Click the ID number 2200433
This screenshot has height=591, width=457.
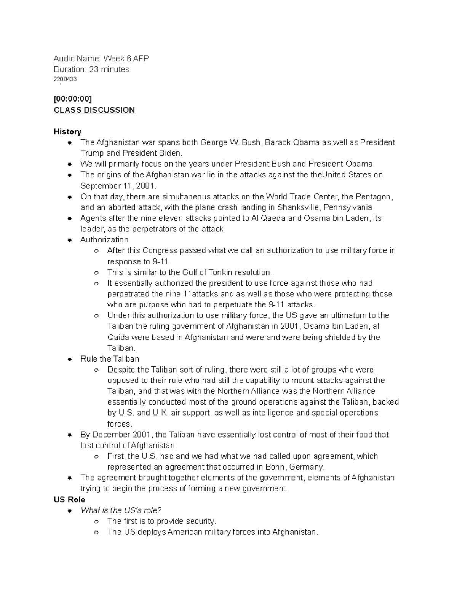click(x=65, y=79)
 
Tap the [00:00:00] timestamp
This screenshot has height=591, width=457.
click(x=73, y=99)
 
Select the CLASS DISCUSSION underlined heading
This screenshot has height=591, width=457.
click(x=94, y=110)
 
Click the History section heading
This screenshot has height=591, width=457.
click(x=67, y=132)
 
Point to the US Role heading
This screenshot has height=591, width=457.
click(x=69, y=499)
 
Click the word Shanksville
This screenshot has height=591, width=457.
click(x=298, y=207)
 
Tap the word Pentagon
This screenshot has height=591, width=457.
click(x=373, y=197)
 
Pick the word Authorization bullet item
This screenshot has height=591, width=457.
click(x=104, y=240)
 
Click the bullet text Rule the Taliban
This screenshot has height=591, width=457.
click(x=110, y=359)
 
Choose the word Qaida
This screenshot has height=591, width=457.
click(x=118, y=337)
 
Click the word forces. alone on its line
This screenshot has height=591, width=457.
click(x=120, y=424)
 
